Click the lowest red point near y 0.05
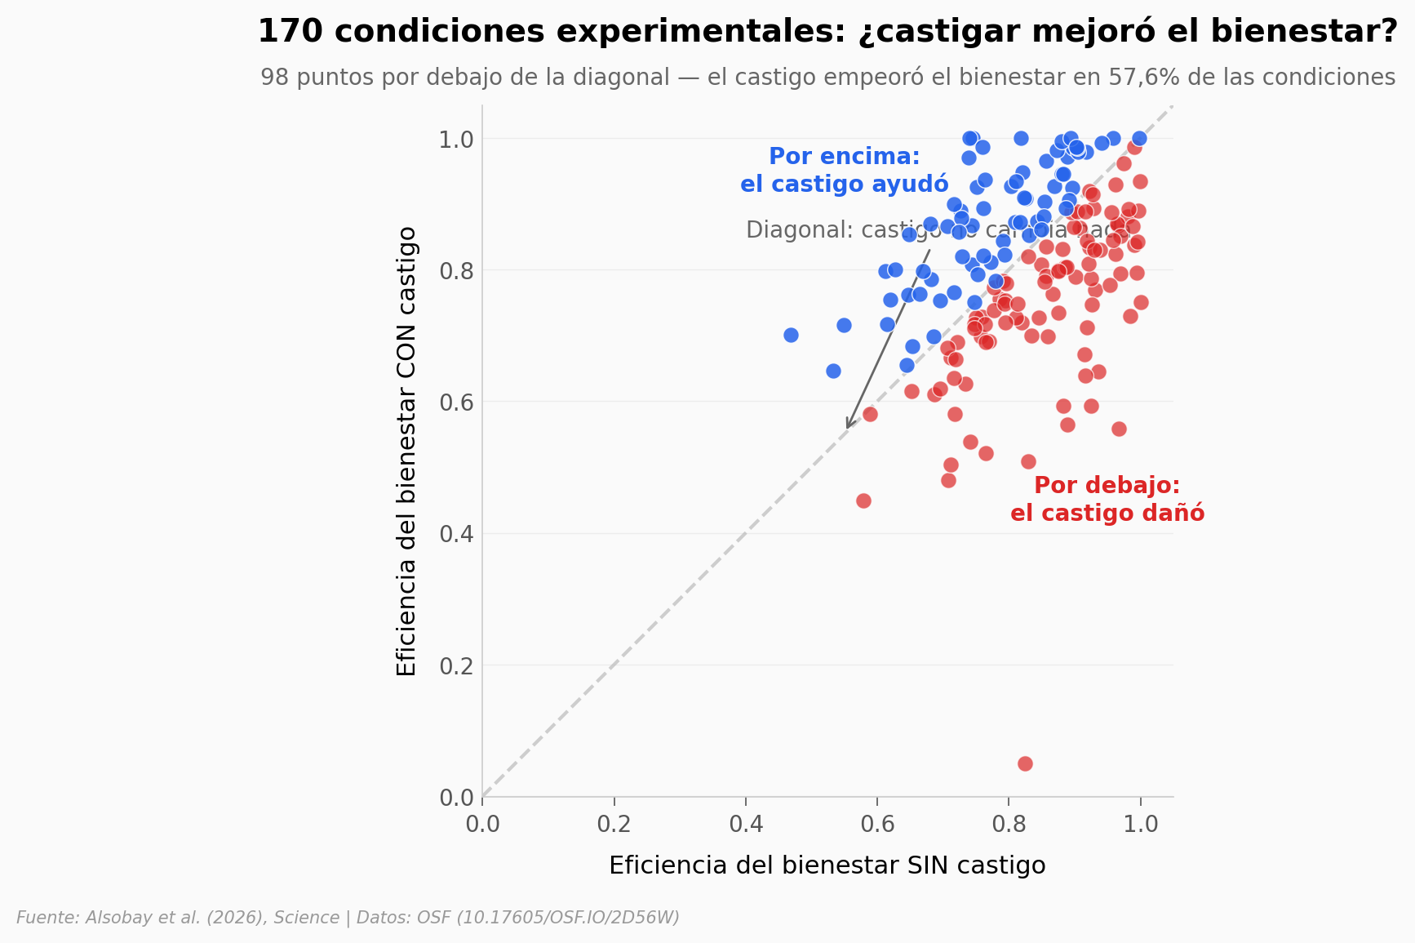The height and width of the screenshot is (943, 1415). click(1025, 763)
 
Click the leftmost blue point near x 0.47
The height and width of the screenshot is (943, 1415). click(791, 335)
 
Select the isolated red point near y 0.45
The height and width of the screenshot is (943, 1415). click(863, 500)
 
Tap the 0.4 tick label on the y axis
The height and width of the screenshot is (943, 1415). click(457, 534)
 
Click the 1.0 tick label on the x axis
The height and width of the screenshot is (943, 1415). click(1141, 824)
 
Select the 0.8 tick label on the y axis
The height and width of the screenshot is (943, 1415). click(457, 270)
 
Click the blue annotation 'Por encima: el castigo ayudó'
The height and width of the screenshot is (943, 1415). click(844, 170)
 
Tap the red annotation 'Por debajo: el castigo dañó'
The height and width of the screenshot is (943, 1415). click(1107, 499)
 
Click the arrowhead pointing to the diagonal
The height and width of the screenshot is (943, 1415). click(849, 425)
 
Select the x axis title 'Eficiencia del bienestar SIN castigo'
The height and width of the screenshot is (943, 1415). click(827, 865)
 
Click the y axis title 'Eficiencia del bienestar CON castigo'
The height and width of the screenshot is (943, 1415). click(406, 451)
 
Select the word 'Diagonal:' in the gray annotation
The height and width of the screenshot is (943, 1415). click(786, 230)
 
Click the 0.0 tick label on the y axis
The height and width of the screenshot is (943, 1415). click(457, 798)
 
